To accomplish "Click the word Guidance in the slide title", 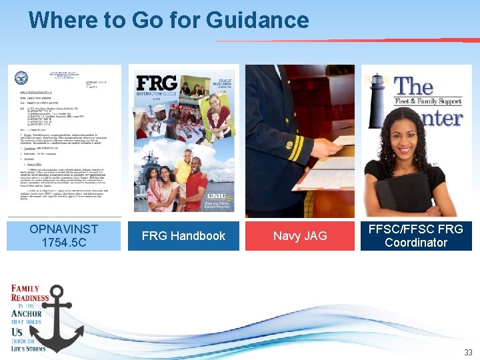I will click(x=258, y=20).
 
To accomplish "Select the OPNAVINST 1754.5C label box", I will click(x=64, y=235).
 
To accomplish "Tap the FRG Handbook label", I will click(x=183, y=235).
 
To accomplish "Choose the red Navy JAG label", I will click(x=300, y=235).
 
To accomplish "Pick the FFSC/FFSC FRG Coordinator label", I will click(x=416, y=235).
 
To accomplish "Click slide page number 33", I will click(x=468, y=352).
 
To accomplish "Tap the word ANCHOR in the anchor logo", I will click(x=27, y=313).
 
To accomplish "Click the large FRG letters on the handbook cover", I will click(x=156, y=83).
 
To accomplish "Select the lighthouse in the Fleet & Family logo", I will click(x=377, y=100).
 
